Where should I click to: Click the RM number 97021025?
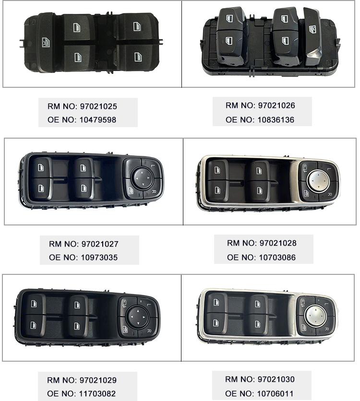(98, 106)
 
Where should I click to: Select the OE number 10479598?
(98, 120)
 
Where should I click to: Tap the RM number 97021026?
(276, 106)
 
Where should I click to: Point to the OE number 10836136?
(276, 120)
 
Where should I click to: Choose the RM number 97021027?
(100, 244)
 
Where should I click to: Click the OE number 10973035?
(99, 257)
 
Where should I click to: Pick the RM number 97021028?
(278, 243)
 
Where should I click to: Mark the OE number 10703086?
(277, 257)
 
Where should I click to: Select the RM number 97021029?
(98, 380)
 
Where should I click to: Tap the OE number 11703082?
(97, 394)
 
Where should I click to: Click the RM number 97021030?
(276, 379)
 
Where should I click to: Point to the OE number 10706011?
(276, 394)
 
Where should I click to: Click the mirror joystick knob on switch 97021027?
(142, 178)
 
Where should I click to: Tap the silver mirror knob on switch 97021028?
(317, 180)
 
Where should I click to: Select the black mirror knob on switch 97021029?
(137, 317)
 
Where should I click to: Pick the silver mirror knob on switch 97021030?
(315, 316)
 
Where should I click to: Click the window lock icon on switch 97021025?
(46, 43)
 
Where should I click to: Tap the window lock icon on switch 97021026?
(312, 29)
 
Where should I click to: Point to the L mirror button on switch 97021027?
(153, 166)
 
